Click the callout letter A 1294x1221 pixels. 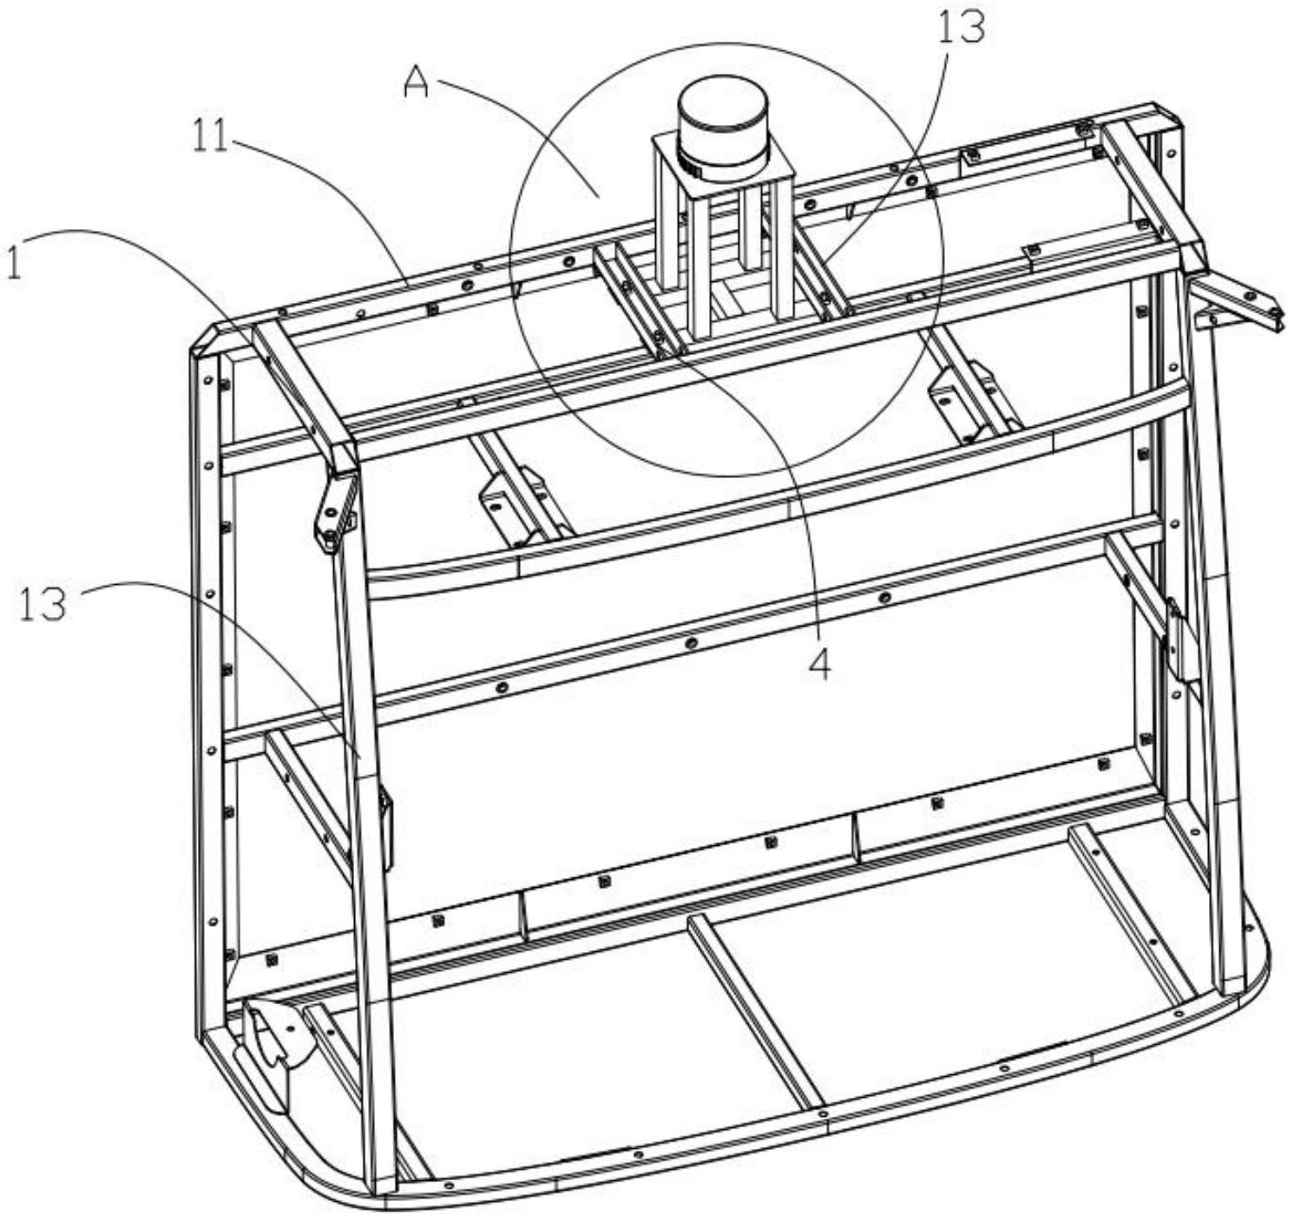419,85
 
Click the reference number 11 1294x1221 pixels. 209,136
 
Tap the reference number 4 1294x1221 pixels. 819,664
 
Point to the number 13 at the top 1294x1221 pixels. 960,28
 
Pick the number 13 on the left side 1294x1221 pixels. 43,604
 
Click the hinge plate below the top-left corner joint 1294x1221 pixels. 334,512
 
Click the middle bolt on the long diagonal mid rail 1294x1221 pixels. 691,643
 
